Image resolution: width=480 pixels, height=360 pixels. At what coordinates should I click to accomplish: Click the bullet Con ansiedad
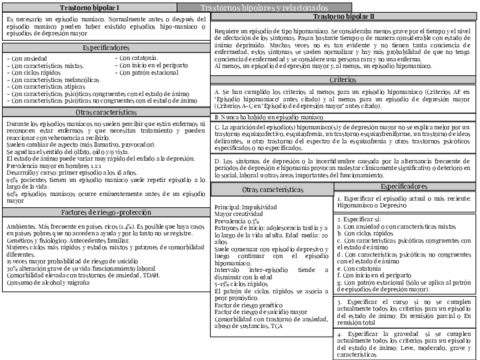(29, 58)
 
